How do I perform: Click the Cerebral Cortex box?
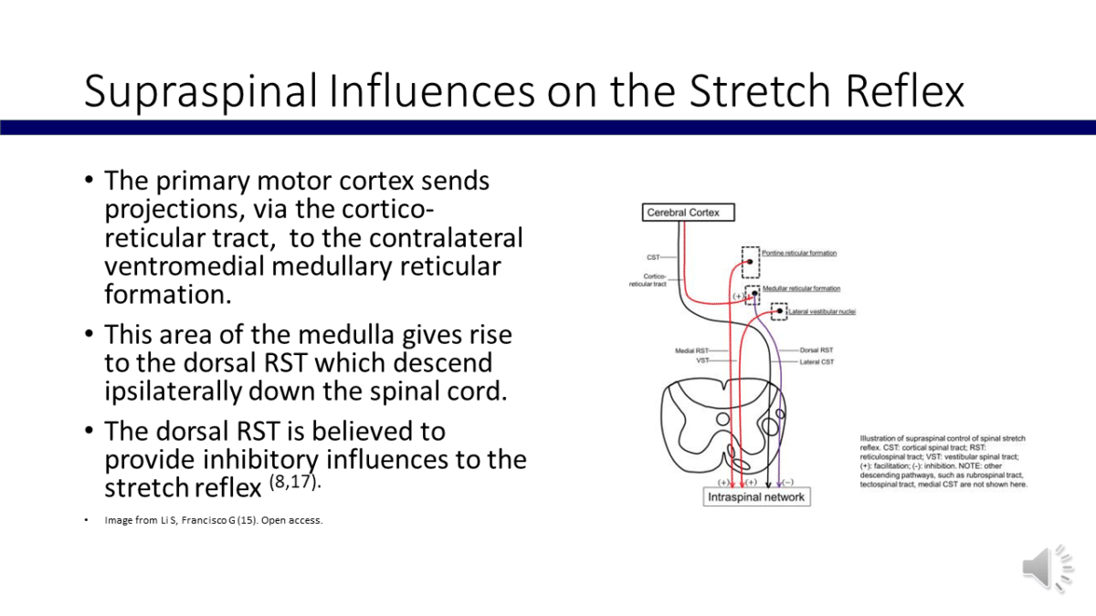(x=683, y=213)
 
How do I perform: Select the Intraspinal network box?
(x=756, y=497)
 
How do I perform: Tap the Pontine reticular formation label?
(x=799, y=253)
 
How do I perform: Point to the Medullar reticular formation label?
(x=802, y=288)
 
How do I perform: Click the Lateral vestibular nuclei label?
(x=821, y=312)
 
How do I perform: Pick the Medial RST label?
(x=690, y=350)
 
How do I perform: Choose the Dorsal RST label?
(x=816, y=350)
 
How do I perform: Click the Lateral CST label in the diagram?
(x=817, y=362)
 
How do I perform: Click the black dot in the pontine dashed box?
(x=751, y=262)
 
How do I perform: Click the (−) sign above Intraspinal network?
(x=787, y=481)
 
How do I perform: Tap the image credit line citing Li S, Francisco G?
(x=214, y=521)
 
